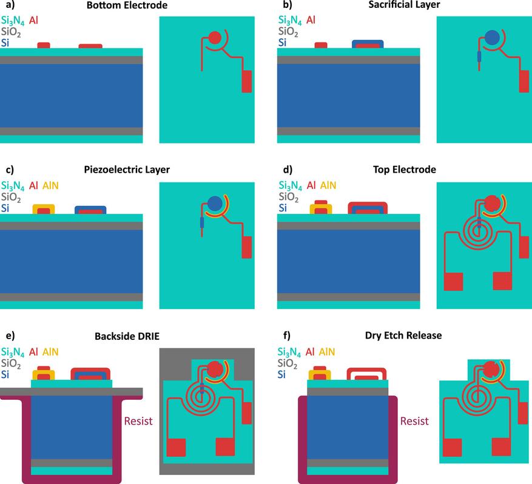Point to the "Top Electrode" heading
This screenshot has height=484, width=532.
pos(403,170)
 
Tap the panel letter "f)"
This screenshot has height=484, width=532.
pos(283,336)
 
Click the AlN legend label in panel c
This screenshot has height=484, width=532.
pos(51,186)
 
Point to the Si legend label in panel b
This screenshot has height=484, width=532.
pos(283,42)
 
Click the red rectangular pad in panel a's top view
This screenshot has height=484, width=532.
pos(246,82)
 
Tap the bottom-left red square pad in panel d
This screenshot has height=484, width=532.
pos(453,282)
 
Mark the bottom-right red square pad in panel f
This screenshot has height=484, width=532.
pos(502,446)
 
